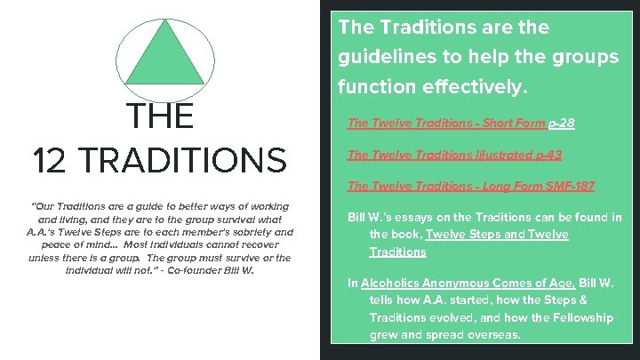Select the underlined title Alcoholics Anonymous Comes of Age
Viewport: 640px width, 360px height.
[447, 284]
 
